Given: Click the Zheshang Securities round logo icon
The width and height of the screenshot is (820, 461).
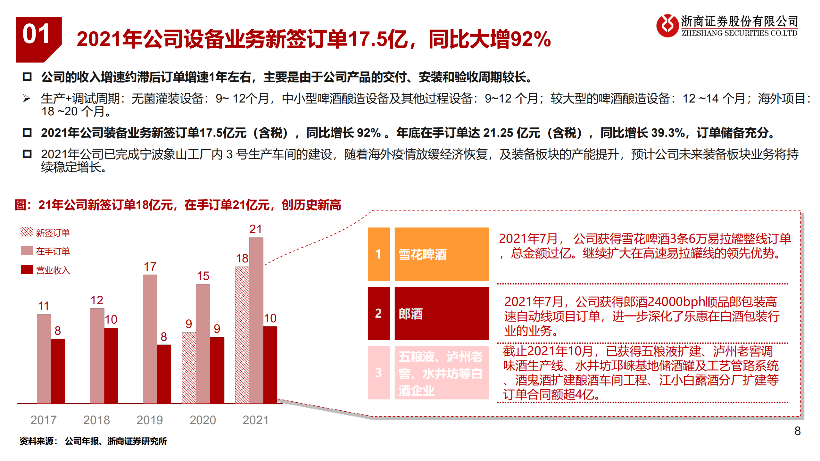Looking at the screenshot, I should click(x=667, y=26).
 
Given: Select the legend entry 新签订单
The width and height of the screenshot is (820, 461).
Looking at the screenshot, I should click(x=45, y=233).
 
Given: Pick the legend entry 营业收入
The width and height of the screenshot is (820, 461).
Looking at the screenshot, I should click(x=45, y=270).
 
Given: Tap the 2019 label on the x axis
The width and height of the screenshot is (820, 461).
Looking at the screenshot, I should click(x=150, y=420).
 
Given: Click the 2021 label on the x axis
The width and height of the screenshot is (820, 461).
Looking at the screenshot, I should click(x=255, y=420).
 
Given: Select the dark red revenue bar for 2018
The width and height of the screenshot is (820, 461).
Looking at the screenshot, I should click(x=111, y=365).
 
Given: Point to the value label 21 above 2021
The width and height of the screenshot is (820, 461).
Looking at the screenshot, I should click(x=255, y=229).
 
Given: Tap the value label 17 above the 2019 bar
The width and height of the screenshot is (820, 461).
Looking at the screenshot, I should click(x=150, y=267).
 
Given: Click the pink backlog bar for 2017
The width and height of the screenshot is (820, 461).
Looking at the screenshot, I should click(x=44, y=359).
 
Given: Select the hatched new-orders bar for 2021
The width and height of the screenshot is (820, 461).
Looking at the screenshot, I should click(x=242, y=335).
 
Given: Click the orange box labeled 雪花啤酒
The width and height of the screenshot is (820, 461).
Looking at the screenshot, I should click(x=441, y=254).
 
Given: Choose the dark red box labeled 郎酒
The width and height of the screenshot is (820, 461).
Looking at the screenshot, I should click(x=441, y=313).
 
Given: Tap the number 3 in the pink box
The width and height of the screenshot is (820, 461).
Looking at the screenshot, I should click(x=378, y=373).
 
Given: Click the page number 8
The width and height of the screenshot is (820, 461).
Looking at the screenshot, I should click(x=797, y=431).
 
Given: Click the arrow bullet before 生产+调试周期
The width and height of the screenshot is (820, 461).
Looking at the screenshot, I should click(x=27, y=98).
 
